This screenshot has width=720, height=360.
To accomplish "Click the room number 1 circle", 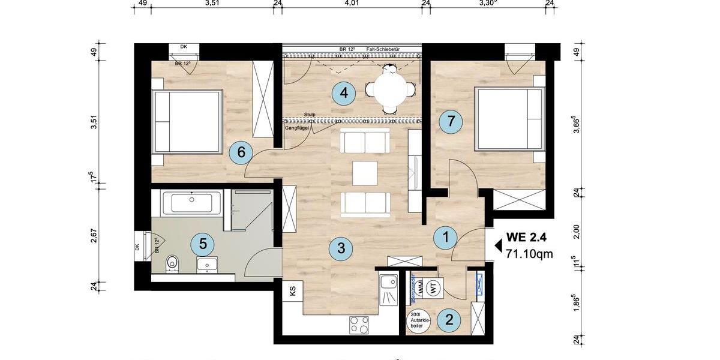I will [x=445, y=237].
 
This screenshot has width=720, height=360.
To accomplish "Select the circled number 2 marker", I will [x=449, y=319].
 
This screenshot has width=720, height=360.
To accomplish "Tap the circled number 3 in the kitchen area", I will [x=341, y=248].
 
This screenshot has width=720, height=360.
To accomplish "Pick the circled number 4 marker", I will [x=343, y=93].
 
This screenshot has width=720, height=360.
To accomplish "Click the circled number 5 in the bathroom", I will [x=203, y=244].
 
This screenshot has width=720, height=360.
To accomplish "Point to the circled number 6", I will [x=241, y=152].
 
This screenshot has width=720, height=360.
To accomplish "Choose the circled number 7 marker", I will [x=451, y=121].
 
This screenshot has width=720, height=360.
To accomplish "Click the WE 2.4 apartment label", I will [x=526, y=236].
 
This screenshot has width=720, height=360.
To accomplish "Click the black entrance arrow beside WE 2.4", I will [x=497, y=245].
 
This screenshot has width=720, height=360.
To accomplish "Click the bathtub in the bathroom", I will [x=191, y=203].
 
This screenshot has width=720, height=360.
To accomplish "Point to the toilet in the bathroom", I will [x=173, y=262].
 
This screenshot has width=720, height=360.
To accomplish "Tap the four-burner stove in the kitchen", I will [x=359, y=325].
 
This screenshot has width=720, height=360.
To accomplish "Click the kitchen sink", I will [x=389, y=289].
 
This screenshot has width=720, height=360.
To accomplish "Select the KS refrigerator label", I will [x=293, y=292].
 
